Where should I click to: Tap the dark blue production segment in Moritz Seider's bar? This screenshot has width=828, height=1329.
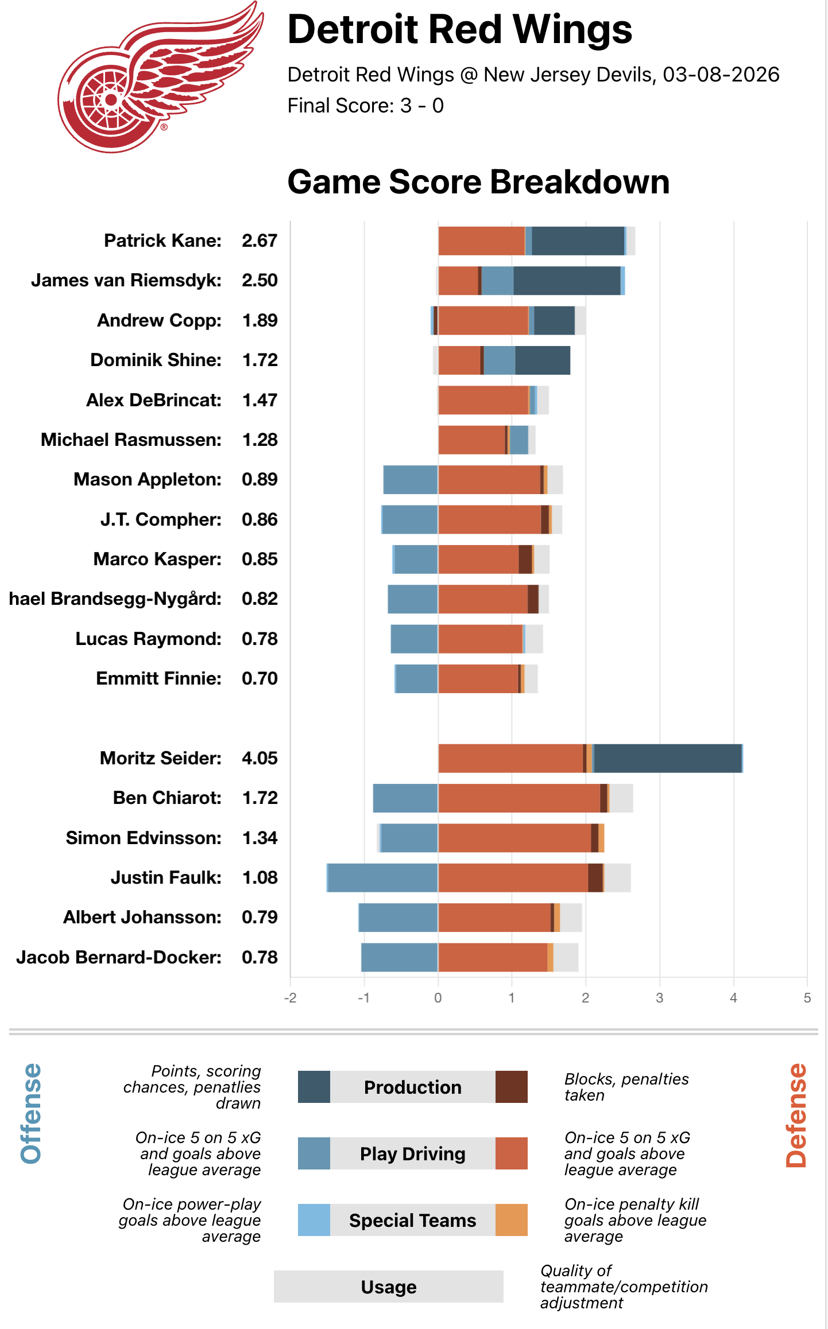[667, 758]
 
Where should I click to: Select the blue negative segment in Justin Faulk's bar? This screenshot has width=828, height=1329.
[382, 877]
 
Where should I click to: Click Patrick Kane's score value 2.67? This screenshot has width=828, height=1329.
[260, 240]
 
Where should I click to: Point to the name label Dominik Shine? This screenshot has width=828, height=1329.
[156, 360]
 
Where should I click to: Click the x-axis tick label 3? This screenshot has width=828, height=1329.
[659, 998]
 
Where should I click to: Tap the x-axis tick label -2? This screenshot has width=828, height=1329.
[290, 998]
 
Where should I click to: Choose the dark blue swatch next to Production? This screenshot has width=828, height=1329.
[314, 1087]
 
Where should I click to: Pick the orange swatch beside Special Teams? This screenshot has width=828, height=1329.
[511, 1220]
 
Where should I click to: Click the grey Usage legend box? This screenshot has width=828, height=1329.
[388, 1287]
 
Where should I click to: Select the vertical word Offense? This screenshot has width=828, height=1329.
[31, 1113]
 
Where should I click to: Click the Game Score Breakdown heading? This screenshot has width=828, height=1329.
[478, 182]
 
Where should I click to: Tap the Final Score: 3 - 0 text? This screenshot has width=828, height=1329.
[365, 106]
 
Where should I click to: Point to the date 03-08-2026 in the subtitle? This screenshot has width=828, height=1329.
[721, 75]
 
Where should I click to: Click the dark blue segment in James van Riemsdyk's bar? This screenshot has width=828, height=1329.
[566, 281]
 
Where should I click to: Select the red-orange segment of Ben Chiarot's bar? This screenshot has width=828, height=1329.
[519, 798]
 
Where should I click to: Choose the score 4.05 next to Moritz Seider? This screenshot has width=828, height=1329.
[260, 758]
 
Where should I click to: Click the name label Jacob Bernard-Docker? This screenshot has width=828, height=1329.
[119, 957]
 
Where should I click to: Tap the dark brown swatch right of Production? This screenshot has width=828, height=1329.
[511, 1087]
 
